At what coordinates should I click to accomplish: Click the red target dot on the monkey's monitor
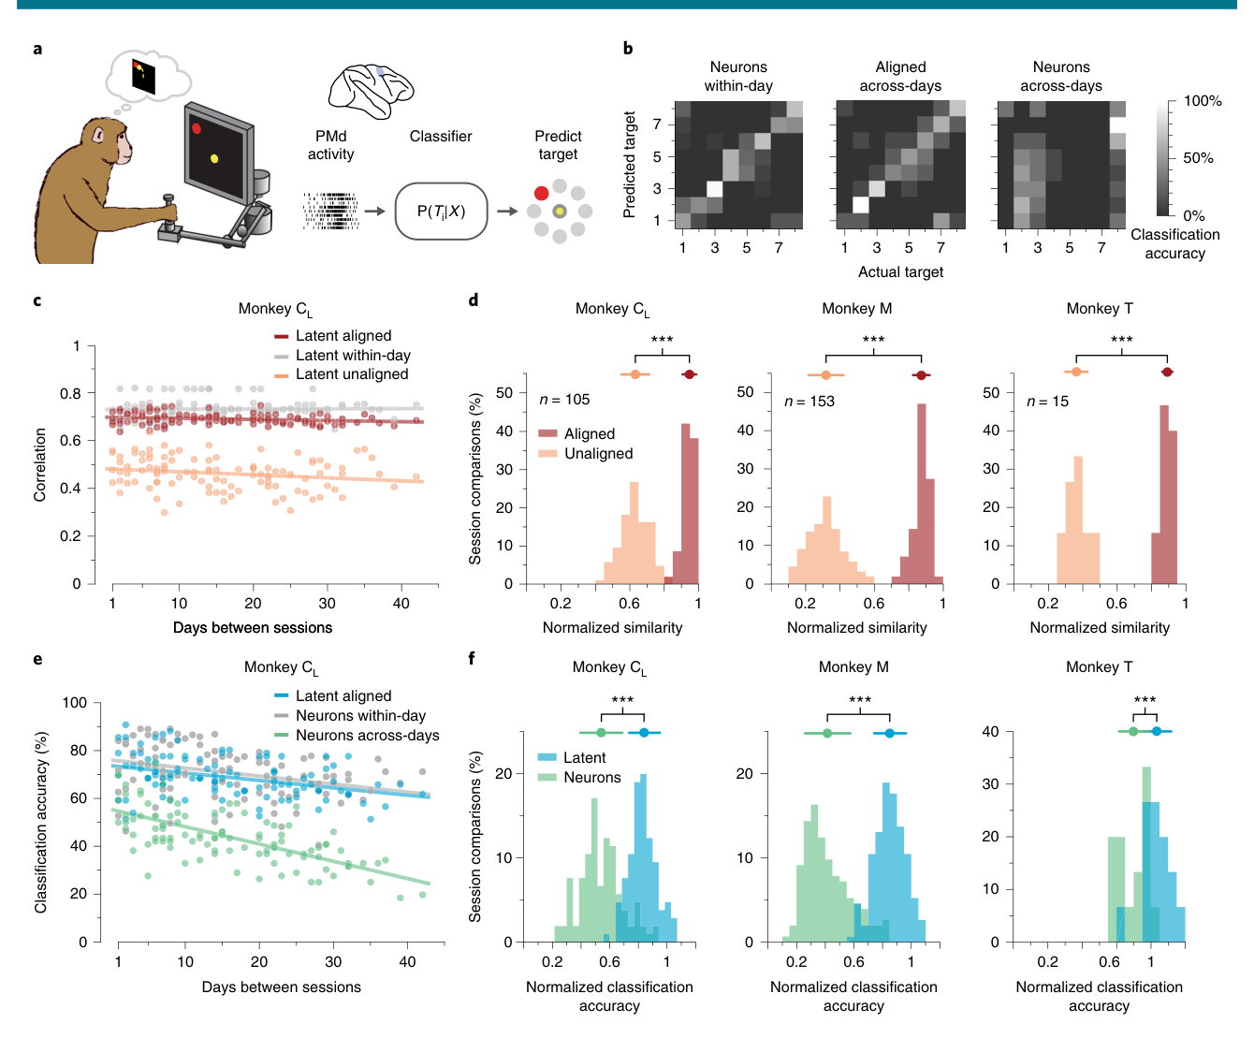[x=196, y=128]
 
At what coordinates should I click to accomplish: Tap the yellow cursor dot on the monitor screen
[x=213, y=158]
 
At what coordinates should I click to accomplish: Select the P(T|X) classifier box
[x=441, y=211]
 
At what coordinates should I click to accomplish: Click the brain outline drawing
[x=371, y=91]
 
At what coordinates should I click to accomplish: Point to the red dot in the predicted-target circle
[x=541, y=193]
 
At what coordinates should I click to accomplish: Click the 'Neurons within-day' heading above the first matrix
[x=738, y=77]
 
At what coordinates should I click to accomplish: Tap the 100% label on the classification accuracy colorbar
[x=1203, y=101]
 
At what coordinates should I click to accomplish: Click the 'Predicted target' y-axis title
[x=629, y=164]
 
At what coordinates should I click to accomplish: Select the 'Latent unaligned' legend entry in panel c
[x=342, y=374]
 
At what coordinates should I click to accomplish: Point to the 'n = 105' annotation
[x=564, y=400]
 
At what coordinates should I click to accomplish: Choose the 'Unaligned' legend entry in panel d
[x=586, y=454]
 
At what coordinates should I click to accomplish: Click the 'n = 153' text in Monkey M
[x=809, y=402]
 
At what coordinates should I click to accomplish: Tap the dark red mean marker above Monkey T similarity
[x=1166, y=373]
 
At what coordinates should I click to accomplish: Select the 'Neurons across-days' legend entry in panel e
[x=357, y=736]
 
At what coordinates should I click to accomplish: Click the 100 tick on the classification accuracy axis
[x=75, y=703]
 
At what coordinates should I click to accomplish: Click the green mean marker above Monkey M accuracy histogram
[x=827, y=733]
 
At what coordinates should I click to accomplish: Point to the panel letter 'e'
[x=37, y=660]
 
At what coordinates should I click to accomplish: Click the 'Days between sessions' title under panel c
[x=253, y=628]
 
